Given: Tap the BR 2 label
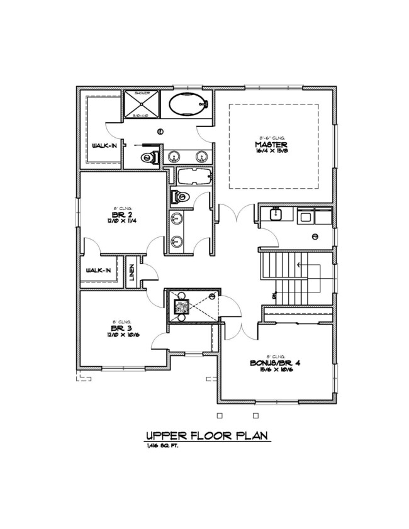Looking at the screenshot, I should [118, 214].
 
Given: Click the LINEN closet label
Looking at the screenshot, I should [132, 273].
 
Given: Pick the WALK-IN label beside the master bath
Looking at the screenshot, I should [99, 145].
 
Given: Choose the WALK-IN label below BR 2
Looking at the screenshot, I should [99, 270].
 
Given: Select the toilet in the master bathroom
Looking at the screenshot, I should [148, 157].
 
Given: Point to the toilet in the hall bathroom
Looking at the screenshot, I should [180, 197].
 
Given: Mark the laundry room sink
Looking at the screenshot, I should [275, 214].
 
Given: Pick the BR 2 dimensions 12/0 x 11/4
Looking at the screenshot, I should [118, 221].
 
